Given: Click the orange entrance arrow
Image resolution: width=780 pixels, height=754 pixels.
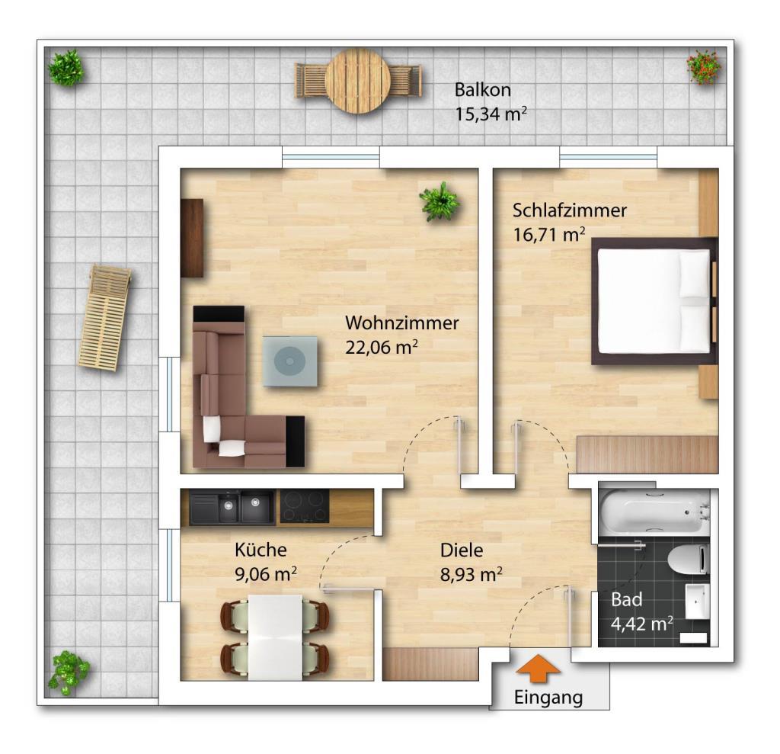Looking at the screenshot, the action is pyautogui.click(x=538, y=667).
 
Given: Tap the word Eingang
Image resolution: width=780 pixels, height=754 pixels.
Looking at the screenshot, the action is pyautogui.click(x=548, y=698).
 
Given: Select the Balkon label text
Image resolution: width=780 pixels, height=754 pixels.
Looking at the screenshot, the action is pyautogui.click(x=482, y=90).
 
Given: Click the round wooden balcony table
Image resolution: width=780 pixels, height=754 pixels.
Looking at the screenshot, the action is pyautogui.click(x=358, y=81).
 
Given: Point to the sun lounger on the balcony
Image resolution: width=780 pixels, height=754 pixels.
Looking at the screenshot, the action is pyautogui.click(x=105, y=316).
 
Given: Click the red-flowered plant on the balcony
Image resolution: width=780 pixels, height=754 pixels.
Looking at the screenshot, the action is pyautogui.click(x=704, y=66).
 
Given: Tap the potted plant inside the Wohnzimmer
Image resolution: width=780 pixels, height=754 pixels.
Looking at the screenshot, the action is pyautogui.click(x=440, y=201).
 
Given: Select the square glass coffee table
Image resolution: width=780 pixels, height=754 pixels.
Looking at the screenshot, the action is pyautogui.click(x=290, y=361).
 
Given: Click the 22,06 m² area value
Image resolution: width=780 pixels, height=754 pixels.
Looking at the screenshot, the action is pyautogui.click(x=381, y=347).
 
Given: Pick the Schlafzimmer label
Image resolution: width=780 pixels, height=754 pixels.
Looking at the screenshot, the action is pyautogui.click(x=570, y=210).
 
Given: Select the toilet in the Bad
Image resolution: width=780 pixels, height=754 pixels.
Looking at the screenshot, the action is pyautogui.click(x=689, y=560).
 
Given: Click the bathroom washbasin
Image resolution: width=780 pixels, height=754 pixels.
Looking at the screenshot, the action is pyautogui.click(x=698, y=601).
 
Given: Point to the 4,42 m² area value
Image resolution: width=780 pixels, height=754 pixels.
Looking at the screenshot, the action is pyautogui.click(x=641, y=624).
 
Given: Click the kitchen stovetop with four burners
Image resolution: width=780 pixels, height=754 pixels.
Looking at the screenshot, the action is pyautogui.click(x=304, y=506).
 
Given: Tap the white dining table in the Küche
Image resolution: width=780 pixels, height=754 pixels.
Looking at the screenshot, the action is pyautogui.click(x=274, y=637).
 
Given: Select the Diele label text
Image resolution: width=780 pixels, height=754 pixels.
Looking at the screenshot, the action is pyautogui.click(x=462, y=550).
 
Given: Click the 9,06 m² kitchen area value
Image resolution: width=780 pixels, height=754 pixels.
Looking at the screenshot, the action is pyautogui.click(x=266, y=574).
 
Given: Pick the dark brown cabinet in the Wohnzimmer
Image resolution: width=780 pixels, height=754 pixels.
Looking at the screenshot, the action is pyautogui.click(x=192, y=238).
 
